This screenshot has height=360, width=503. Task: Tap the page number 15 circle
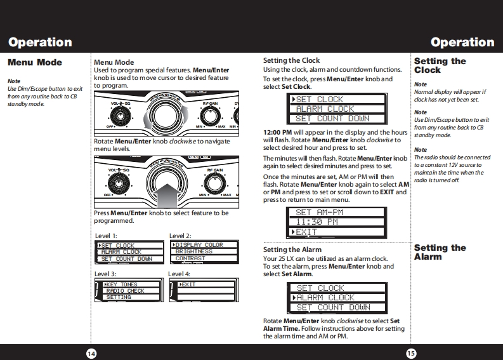(410, 352)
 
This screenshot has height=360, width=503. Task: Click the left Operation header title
(40, 43)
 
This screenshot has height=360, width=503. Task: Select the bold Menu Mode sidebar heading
(34, 63)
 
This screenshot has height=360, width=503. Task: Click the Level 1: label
(106, 236)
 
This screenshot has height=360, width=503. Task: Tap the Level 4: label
(179, 274)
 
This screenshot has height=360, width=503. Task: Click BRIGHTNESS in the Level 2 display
(194, 251)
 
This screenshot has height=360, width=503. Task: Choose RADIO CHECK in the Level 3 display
(125, 291)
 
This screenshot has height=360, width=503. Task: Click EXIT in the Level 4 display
(188, 284)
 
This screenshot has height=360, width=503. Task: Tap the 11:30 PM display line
(317, 222)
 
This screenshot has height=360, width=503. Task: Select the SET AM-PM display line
(319, 213)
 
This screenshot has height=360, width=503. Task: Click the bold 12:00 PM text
(282, 132)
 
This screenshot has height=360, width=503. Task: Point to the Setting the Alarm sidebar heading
(440, 252)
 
